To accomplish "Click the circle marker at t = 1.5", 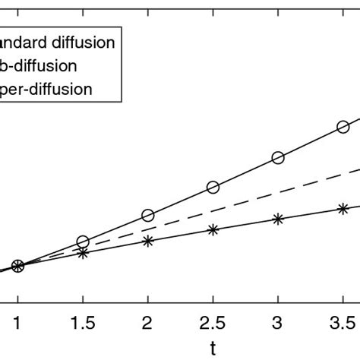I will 83,242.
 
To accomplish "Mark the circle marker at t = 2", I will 148,216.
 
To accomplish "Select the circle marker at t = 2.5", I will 213,187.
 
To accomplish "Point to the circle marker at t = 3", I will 278,158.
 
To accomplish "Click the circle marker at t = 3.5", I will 343,127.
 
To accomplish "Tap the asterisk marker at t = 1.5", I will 83,253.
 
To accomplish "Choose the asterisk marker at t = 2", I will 148,241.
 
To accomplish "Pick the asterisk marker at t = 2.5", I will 213,229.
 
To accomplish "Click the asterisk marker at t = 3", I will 278,218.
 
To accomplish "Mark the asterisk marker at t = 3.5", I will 343,207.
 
